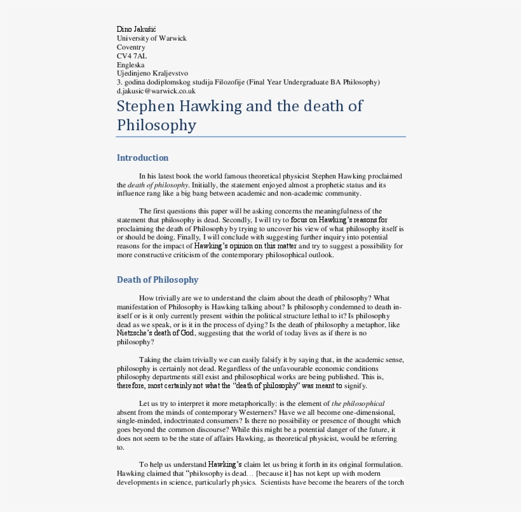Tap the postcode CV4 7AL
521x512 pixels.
[x=132, y=56]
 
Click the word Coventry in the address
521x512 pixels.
[x=131, y=47]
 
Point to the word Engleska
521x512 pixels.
[x=131, y=65]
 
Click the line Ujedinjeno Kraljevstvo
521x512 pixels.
[x=152, y=74]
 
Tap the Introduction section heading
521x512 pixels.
[x=142, y=158]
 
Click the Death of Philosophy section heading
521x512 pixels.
[x=158, y=280]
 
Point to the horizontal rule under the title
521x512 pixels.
[x=260, y=137]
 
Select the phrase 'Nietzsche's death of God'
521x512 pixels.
[x=156, y=333]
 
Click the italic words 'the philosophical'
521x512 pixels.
[x=358, y=403]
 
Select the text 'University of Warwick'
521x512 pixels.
[x=152, y=38]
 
